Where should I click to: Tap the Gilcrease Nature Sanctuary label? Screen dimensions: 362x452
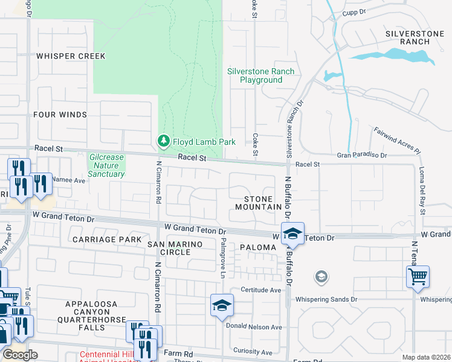pyautogui.click(x=106, y=165)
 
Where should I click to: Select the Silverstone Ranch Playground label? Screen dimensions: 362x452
pyautogui.click(x=261, y=75)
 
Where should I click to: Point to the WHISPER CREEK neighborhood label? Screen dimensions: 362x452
pyautogui.click(x=70, y=56)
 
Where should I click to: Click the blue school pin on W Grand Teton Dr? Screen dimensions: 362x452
pyautogui.click(x=292, y=233)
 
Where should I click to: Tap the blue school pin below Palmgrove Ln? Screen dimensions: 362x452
pyautogui.click(x=222, y=305)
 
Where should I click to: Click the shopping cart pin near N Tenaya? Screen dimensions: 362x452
pyautogui.click(x=418, y=278)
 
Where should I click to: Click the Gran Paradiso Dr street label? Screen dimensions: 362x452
pyautogui.click(x=362, y=155)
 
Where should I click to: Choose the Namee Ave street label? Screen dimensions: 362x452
pyautogui.click(x=68, y=180)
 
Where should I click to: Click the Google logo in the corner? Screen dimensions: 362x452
pyautogui.click(x=20, y=355)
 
